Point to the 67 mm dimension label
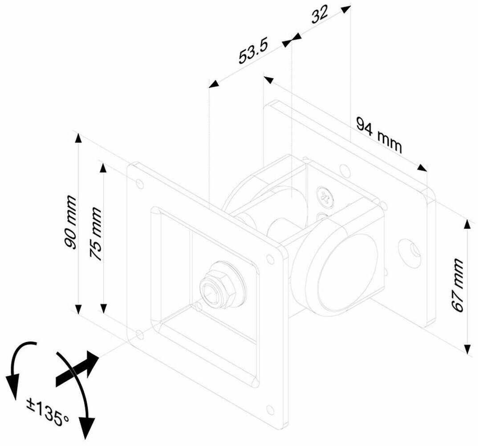(458, 285)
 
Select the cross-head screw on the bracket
(325, 197)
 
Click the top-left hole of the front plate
(141, 182)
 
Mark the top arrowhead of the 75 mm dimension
(103, 168)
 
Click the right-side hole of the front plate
(270, 259)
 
